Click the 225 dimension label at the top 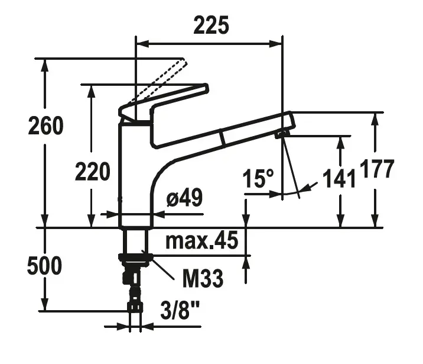[211, 26]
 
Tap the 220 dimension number [92, 172]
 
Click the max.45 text [201, 241]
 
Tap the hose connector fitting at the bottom [135, 307]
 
